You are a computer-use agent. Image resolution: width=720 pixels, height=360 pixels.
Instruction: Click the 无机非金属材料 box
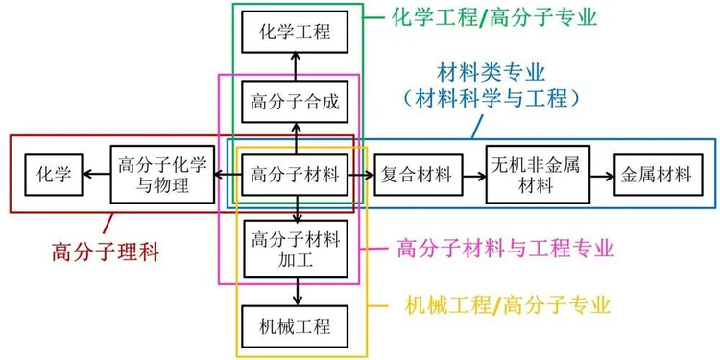click(535, 175)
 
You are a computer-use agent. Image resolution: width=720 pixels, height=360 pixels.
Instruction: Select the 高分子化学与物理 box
click(160, 175)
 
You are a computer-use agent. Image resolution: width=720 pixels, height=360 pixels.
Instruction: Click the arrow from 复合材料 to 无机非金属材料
click(469, 175)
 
